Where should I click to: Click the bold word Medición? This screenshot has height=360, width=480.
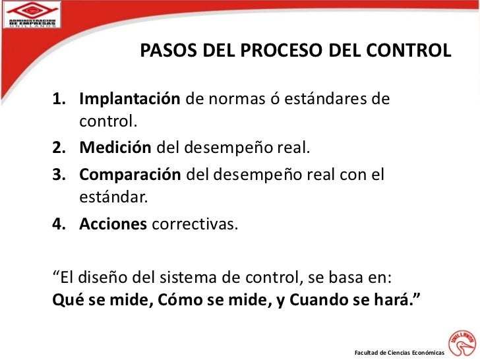[115, 147]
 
